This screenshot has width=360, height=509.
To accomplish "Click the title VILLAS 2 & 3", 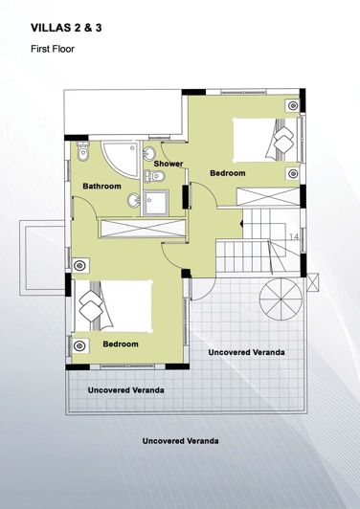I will coord(66,29).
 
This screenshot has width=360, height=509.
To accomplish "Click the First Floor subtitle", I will coord(52,48).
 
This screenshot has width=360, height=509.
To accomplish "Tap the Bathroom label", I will coord(101,186).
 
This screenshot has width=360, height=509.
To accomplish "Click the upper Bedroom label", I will coord(228,173).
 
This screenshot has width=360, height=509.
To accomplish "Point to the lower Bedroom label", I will coord(121,343).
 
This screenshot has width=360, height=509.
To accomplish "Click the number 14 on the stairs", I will coord(293,234).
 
